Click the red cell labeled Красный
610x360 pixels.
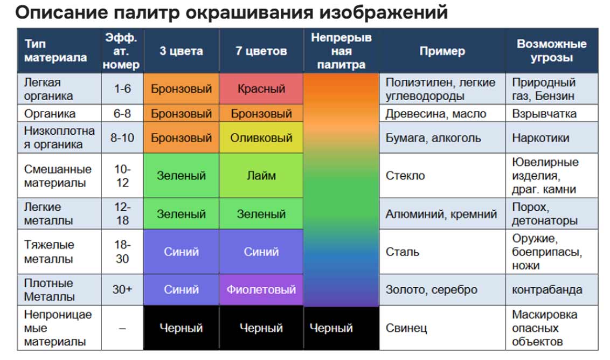261,89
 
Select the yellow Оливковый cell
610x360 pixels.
261,138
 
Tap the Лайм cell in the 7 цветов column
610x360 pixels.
261,176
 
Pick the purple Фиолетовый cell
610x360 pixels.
261,289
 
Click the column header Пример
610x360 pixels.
442,51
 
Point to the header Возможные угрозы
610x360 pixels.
552,51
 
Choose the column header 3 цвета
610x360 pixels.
181,51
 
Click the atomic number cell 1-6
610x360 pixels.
122,89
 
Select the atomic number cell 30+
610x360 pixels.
122,289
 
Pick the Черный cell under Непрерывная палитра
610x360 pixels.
341,328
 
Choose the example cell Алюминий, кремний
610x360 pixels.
442,213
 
